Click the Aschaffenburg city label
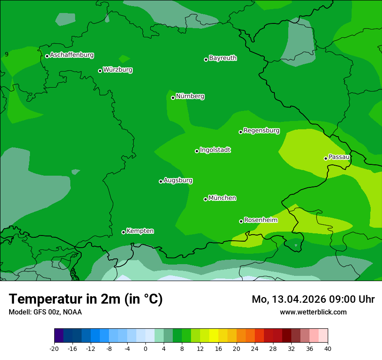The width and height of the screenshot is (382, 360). pyautogui.click(x=72, y=55)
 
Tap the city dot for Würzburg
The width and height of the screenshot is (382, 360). pyautogui.click(x=100, y=71)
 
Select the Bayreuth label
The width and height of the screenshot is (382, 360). pyautogui.click(x=223, y=58)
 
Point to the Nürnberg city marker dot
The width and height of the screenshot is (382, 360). pyautogui.click(x=173, y=98)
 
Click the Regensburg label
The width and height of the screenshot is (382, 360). pyautogui.click(x=261, y=131)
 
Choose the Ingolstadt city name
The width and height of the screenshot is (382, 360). pyautogui.click(x=215, y=150)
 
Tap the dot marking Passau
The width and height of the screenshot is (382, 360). pyautogui.click(x=326, y=158)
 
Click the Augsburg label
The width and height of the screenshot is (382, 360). pyautogui.click(x=178, y=180)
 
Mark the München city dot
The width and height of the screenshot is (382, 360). pyautogui.click(x=205, y=199)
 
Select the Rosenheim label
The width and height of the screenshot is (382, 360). pyautogui.click(x=260, y=220)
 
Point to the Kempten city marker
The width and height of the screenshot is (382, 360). pyautogui.click(x=123, y=232)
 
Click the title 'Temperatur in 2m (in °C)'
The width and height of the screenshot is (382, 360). pyautogui.click(x=86, y=299)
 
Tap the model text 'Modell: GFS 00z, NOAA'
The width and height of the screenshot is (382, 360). pyautogui.click(x=45, y=312)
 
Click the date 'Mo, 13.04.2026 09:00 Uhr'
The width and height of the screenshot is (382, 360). pyautogui.click(x=313, y=299)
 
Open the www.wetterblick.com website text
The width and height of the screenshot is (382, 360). pyautogui.click(x=313, y=312)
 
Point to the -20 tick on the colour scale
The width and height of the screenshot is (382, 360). pyautogui.click(x=54, y=348)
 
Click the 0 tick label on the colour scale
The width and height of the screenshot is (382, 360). pyautogui.click(x=145, y=348)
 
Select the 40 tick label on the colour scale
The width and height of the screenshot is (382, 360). pyautogui.click(x=328, y=348)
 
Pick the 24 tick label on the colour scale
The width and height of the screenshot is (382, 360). pyautogui.click(x=255, y=348)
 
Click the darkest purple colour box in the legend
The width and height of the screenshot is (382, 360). pyautogui.click(x=59, y=336)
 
